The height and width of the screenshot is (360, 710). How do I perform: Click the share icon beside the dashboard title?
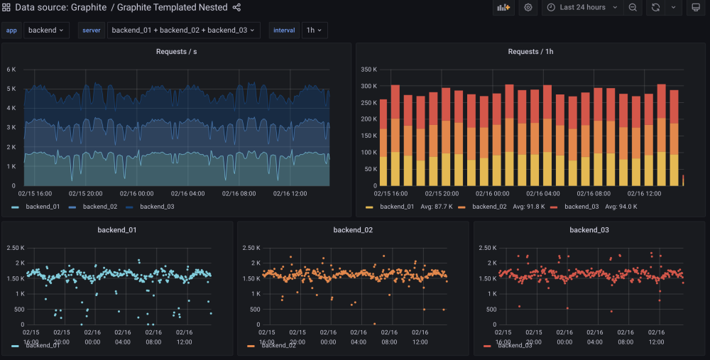coord(237,8)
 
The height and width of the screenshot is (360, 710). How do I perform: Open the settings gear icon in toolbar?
coord(528,8)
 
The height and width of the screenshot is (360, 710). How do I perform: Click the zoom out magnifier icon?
coord(633,8)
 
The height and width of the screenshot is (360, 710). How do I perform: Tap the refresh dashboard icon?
coord(655,8)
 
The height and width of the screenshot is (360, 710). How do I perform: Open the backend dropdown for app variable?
coord(46,31)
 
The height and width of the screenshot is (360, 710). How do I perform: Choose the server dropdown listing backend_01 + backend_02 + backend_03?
coord(183,31)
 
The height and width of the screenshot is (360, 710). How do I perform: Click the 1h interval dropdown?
coord(314,31)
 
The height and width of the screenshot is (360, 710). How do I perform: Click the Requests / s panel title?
coord(176,52)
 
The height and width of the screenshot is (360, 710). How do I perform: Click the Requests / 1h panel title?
coord(530,52)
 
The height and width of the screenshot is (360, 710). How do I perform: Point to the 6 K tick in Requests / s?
coord(11,70)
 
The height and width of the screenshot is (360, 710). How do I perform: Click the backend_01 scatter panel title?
coord(117,230)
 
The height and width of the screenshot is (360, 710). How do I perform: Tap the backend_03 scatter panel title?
coord(589,230)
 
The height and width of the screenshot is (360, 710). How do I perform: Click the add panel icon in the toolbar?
coord(503,8)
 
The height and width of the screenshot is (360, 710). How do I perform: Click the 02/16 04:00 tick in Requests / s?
coord(187,193)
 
